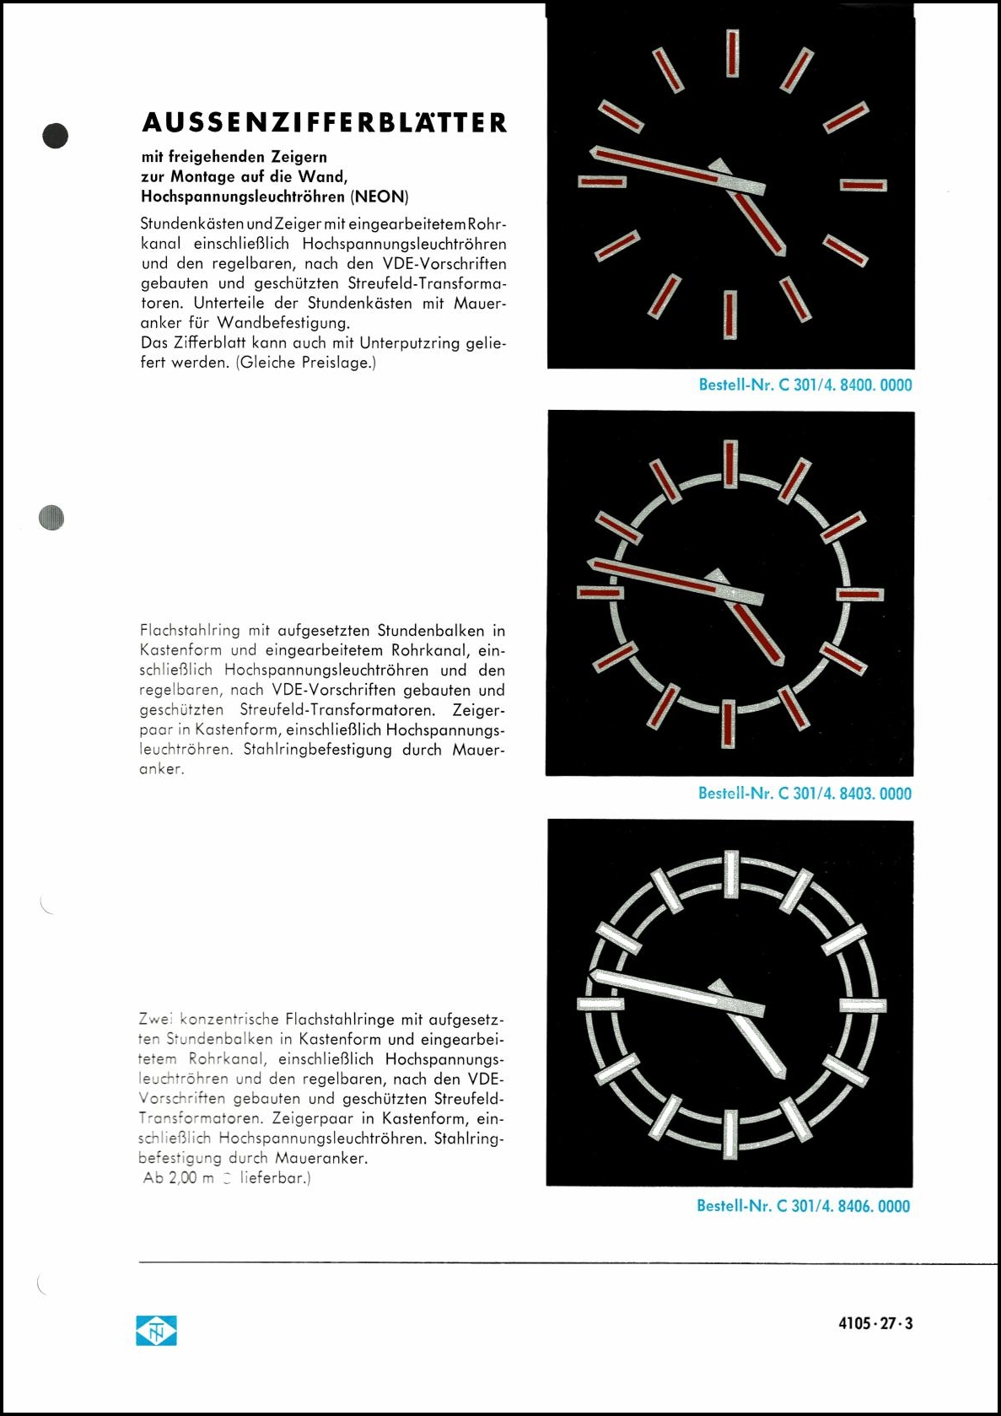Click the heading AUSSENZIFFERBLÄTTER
point(325,123)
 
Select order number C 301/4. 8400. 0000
point(805,385)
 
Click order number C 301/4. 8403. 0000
point(805,794)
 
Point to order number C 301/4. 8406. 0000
point(803,1206)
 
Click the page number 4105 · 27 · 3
point(875,1323)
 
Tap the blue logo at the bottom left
point(157,1331)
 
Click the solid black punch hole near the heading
point(56,136)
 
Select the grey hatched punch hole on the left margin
point(51,517)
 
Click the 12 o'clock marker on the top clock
point(732,52)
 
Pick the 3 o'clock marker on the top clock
point(864,185)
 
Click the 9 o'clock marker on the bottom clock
point(600,1004)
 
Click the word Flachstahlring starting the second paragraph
point(190,631)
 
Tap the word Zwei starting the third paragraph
point(155,1020)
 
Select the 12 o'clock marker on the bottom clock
point(731,874)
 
